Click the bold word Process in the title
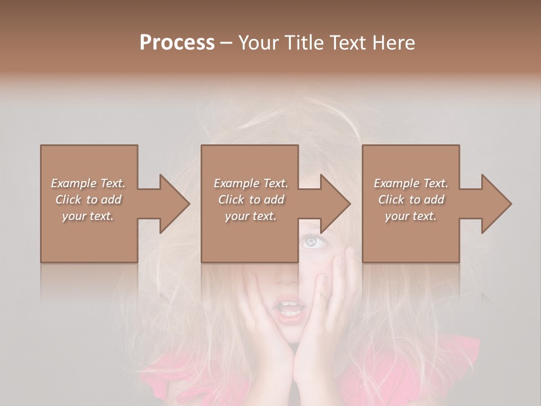[177, 43]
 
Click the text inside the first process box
[88, 200]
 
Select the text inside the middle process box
[250, 200]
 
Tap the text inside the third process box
[411, 200]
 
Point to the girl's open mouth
[290, 310]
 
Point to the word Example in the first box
[73, 183]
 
